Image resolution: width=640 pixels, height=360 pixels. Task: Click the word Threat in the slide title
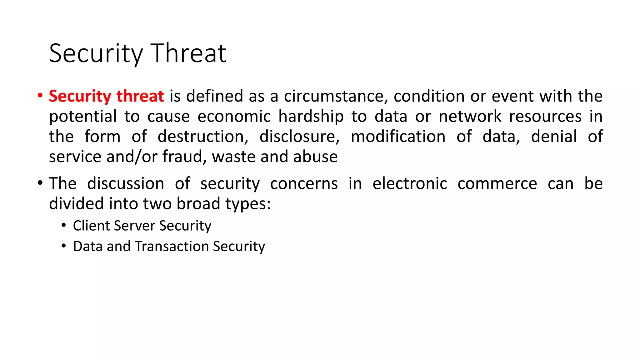coord(188,54)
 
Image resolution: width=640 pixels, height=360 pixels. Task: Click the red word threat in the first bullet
coord(140,96)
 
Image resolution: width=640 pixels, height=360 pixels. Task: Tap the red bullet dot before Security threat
coord(40,96)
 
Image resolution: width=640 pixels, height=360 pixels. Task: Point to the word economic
coord(234,116)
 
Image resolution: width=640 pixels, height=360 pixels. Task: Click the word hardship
coord(311,117)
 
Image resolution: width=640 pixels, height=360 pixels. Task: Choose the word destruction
coord(203,137)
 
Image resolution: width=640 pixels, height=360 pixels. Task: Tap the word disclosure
coord(299,137)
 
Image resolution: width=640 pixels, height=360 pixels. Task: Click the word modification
coord(398,137)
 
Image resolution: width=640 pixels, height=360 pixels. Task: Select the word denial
coord(554,137)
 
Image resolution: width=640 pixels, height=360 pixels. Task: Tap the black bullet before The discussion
coord(40,183)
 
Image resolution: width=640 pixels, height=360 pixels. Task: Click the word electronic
coord(410,183)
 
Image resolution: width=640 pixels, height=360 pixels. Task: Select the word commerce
coord(497,183)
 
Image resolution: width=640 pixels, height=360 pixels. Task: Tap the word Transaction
coord(172,246)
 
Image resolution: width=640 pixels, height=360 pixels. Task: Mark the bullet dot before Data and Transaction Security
coord(64,246)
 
